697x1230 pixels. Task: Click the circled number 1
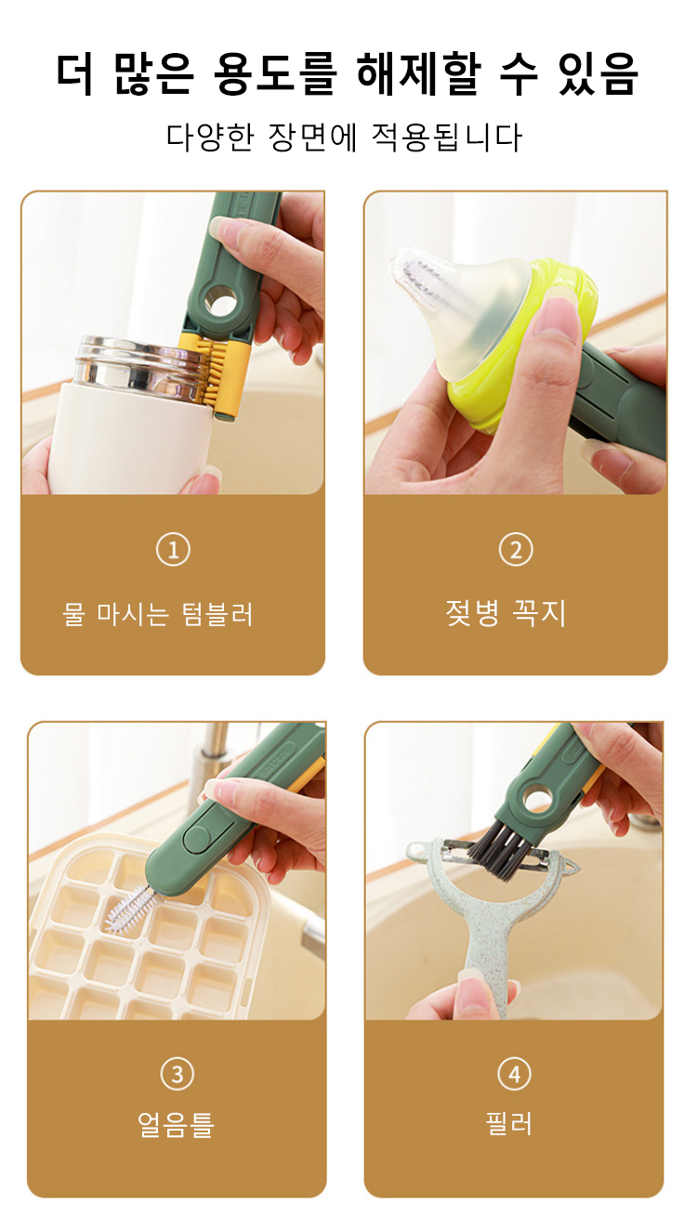click(x=173, y=550)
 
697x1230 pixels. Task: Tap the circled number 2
click(x=516, y=550)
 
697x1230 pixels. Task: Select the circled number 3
click(x=177, y=1074)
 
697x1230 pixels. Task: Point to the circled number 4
click(x=514, y=1074)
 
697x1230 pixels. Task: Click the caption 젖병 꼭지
click(x=506, y=613)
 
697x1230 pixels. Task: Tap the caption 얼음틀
click(x=176, y=1124)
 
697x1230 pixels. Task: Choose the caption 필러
click(x=509, y=1123)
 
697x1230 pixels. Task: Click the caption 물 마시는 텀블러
click(x=158, y=614)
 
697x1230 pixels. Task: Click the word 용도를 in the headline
click(x=275, y=74)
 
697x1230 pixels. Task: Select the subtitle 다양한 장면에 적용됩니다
click(x=345, y=137)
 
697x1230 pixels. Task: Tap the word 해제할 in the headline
click(x=420, y=74)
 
